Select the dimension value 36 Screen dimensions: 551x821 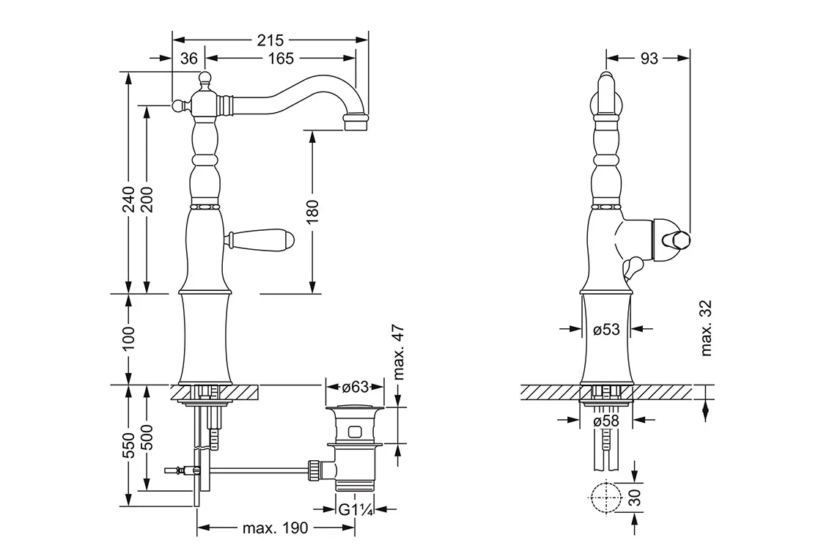pos(189,59)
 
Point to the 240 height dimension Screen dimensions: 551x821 pos(128,198)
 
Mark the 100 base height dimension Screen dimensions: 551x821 pos(128,339)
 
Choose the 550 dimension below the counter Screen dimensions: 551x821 pos(128,445)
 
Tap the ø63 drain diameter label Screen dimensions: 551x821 pos(355,387)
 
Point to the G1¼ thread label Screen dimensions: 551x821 pos(355,508)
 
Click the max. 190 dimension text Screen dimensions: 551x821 pos(275,528)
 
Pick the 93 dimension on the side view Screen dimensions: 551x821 pos(649,59)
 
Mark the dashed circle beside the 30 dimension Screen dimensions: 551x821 pos(605,499)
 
